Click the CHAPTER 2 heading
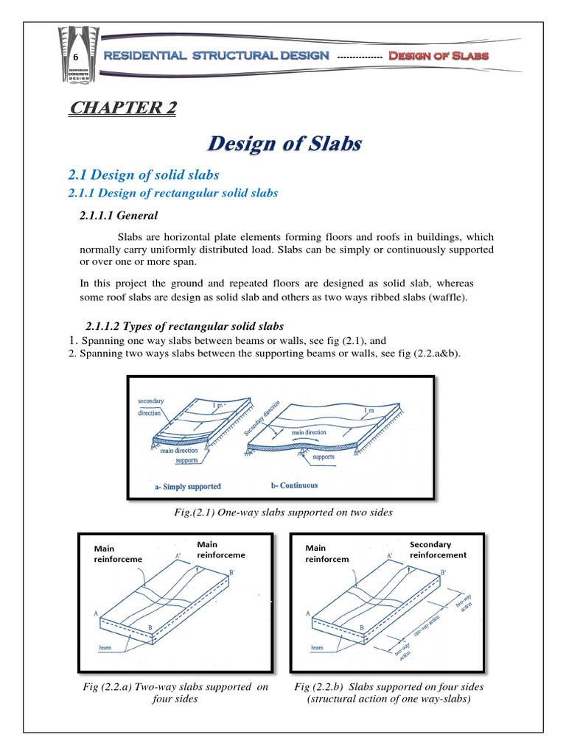(124, 109)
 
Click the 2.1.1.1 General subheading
(118, 215)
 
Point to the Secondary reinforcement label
(438, 550)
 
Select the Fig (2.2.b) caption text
(388, 693)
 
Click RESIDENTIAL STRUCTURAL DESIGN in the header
(217, 56)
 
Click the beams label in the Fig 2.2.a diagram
(106, 648)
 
